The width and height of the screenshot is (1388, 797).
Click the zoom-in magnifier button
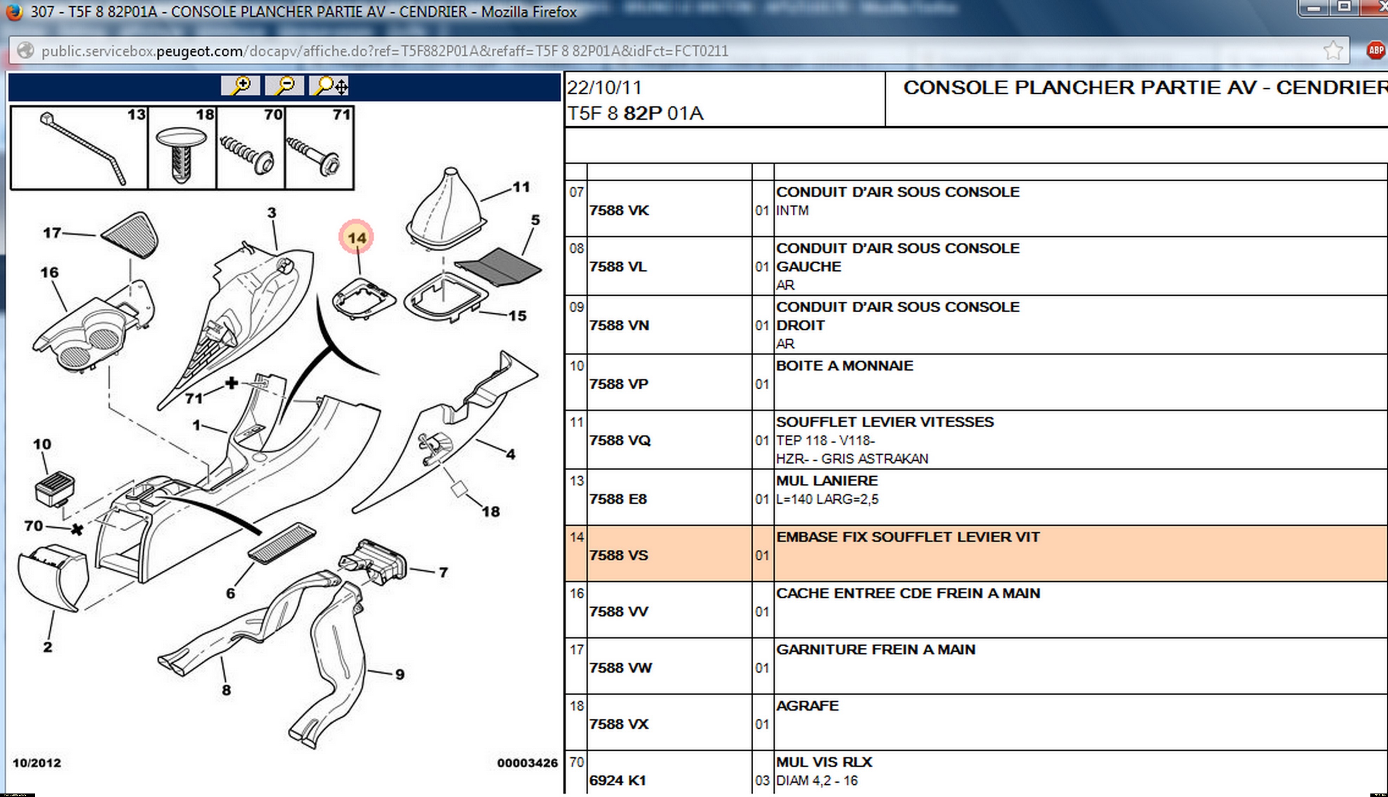(x=240, y=86)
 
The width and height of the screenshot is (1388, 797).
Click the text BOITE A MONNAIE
(x=844, y=366)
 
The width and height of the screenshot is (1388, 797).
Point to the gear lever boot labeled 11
(x=444, y=208)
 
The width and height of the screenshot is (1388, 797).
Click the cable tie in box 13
(x=82, y=148)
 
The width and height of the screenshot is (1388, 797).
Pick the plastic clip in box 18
(x=182, y=153)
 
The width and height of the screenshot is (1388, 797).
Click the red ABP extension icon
(x=1375, y=51)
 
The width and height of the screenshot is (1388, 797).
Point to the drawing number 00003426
(x=527, y=763)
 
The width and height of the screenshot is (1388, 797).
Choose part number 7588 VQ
(x=619, y=440)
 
